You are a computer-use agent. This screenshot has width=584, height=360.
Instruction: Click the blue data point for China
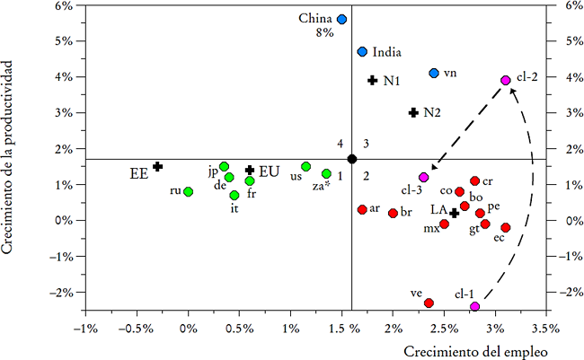(341, 19)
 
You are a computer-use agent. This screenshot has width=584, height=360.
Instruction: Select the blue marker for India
(362, 52)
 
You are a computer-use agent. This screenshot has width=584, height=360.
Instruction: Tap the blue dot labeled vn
(434, 73)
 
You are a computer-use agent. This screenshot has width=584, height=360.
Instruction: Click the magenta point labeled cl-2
(506, 80)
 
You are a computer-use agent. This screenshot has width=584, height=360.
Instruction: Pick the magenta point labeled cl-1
(474, 307)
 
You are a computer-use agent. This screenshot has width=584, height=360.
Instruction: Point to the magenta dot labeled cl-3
(424, 177)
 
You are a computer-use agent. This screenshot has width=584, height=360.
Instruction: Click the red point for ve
(429, 303)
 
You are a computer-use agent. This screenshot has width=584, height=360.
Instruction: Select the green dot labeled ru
(188, 191)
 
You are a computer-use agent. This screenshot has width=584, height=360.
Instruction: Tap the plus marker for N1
(372, 80)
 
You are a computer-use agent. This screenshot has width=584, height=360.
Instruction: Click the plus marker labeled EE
(157, 166)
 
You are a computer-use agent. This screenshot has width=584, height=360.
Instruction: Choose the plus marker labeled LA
(455, 213)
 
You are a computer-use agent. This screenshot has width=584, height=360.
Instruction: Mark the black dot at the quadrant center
(352, 159)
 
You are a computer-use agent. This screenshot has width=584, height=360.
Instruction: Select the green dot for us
(306, 166)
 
